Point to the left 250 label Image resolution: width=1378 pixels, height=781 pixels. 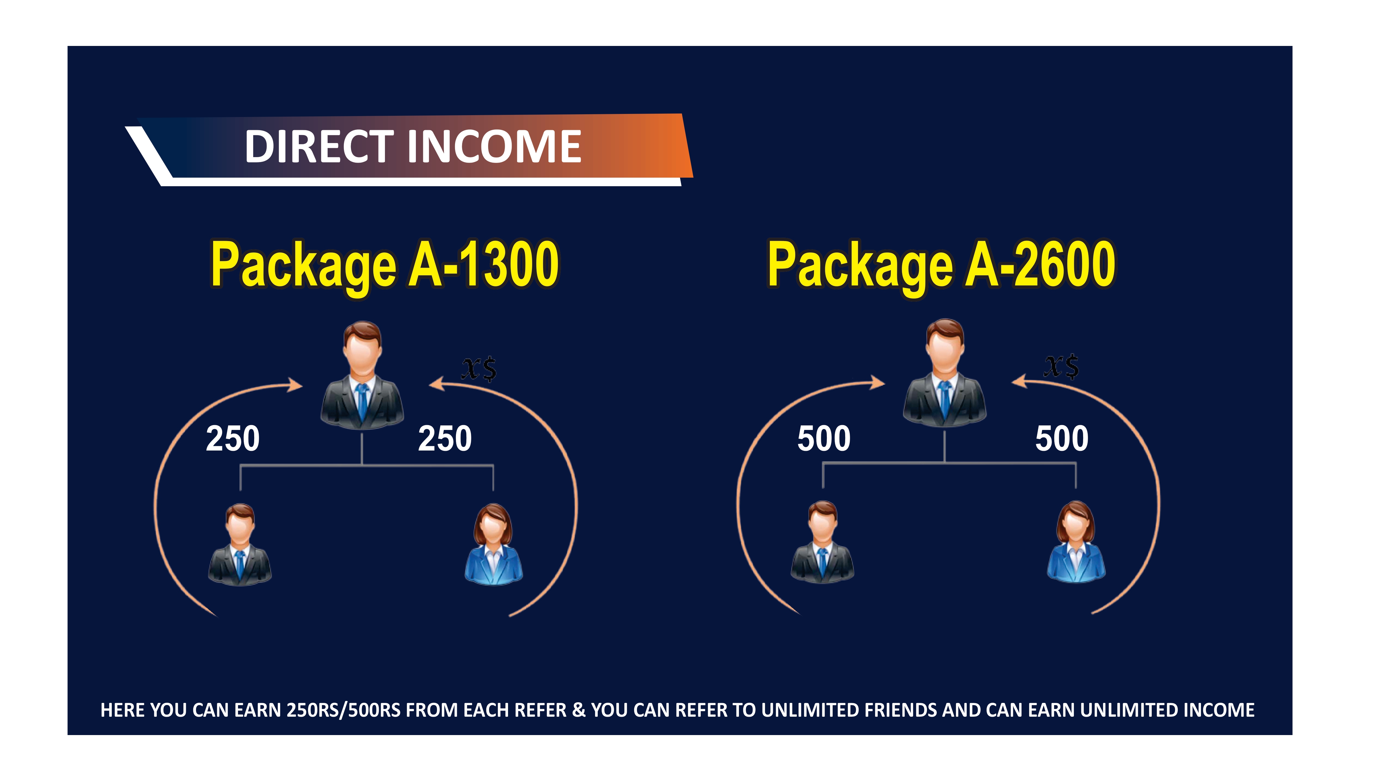click(x=233, y=439)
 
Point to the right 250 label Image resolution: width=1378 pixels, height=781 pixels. click(x=445, y=439)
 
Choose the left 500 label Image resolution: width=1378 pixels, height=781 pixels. click(x=824, y=439)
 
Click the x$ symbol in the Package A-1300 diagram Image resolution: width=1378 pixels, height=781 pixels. click(x=479, y=369)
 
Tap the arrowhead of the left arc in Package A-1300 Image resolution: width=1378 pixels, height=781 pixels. click(x=295, y=385)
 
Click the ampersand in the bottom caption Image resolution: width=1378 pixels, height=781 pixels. click(x=579, y=710)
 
